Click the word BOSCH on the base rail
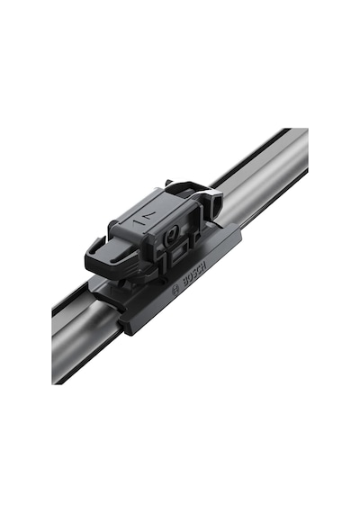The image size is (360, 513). pyautogui.click(x=194, y=274)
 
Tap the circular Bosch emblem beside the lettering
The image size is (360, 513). pyautogui.click(x=175, y=290)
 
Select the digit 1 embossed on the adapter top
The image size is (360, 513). pyautogui.click(x=137, y=222)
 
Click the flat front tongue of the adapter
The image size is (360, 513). pyautogui.click(x=107, y=256)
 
